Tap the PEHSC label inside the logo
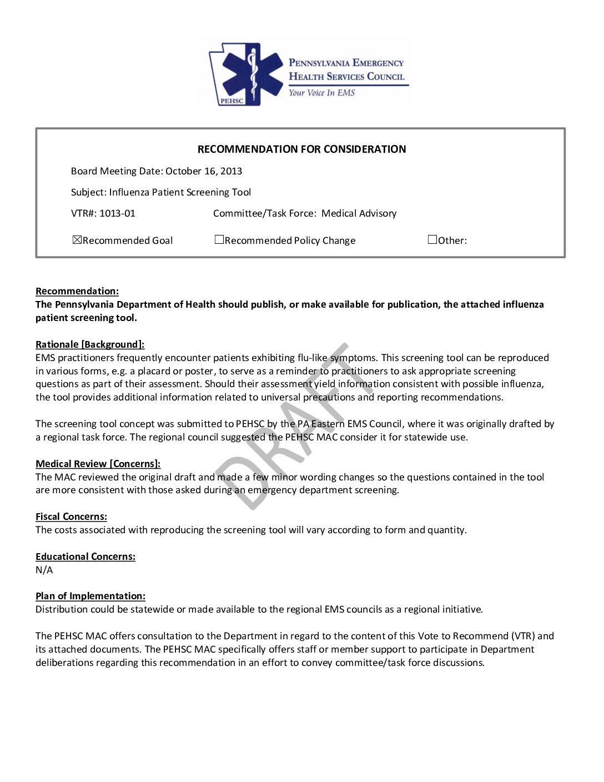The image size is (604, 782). coord(231,101)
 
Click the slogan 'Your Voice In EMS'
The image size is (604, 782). coord(321,93)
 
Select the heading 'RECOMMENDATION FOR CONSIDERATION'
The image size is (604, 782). coord(301,149)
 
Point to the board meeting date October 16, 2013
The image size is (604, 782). coord(204,171)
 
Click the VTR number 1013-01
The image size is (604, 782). coord(117,213)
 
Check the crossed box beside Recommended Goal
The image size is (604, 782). coord(77,240)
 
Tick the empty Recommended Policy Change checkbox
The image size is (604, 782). coord(219,240)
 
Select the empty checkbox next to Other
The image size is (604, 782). coord(432,240)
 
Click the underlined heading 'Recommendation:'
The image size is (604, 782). coord(77,291)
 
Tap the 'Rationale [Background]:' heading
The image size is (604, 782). coord(90,344)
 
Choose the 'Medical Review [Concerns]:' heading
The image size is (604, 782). coord(98,464)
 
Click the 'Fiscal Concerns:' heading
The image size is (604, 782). coord(71,517)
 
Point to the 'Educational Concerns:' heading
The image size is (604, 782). coord(85,557)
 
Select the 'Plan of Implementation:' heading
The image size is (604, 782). coord(90,596)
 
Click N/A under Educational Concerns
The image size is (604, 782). coord(44,570)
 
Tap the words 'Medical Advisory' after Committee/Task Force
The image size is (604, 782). coord(359,213)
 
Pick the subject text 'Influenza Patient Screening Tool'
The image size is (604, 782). coord(180,192)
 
